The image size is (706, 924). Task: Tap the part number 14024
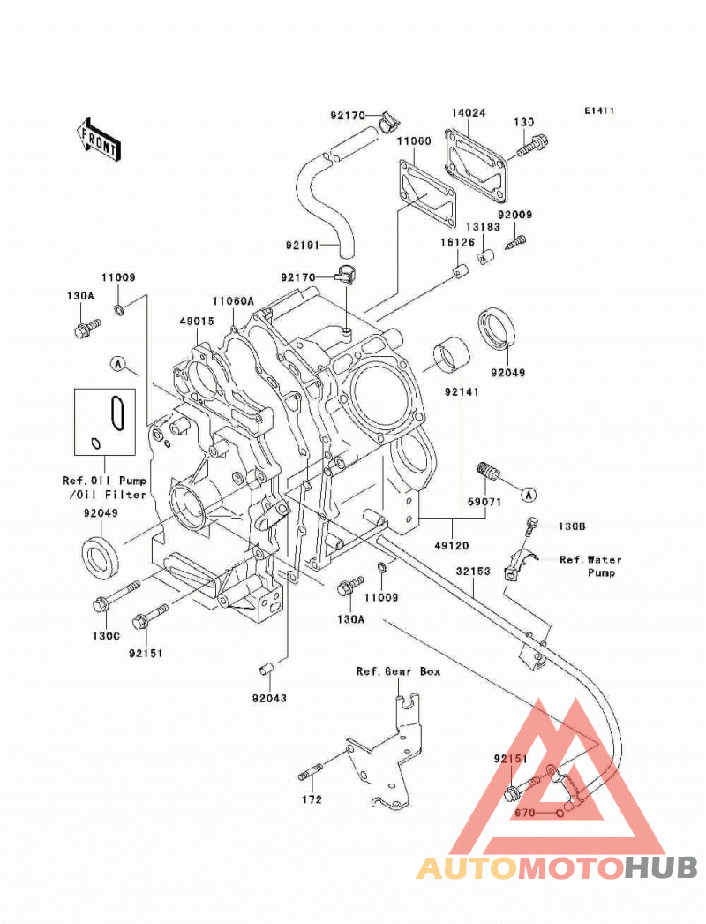[x=469, y=112]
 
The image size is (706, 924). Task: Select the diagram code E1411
[x=599, y=110]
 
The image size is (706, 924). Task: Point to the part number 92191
[x=303, y=245]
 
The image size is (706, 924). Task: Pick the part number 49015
[x=197, y=322]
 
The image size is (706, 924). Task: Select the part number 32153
[x=473, y=571]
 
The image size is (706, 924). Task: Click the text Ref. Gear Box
[x=398, y=671]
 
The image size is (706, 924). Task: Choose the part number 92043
[x=269, y=699]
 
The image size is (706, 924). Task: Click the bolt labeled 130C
[x=116, y=595]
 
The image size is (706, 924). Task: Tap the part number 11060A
[x=233, y=301]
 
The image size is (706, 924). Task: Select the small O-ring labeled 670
[x=560, y=814]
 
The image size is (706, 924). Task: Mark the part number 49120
[x=452, y=546]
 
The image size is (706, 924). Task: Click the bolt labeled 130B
[x=532, y=528]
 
